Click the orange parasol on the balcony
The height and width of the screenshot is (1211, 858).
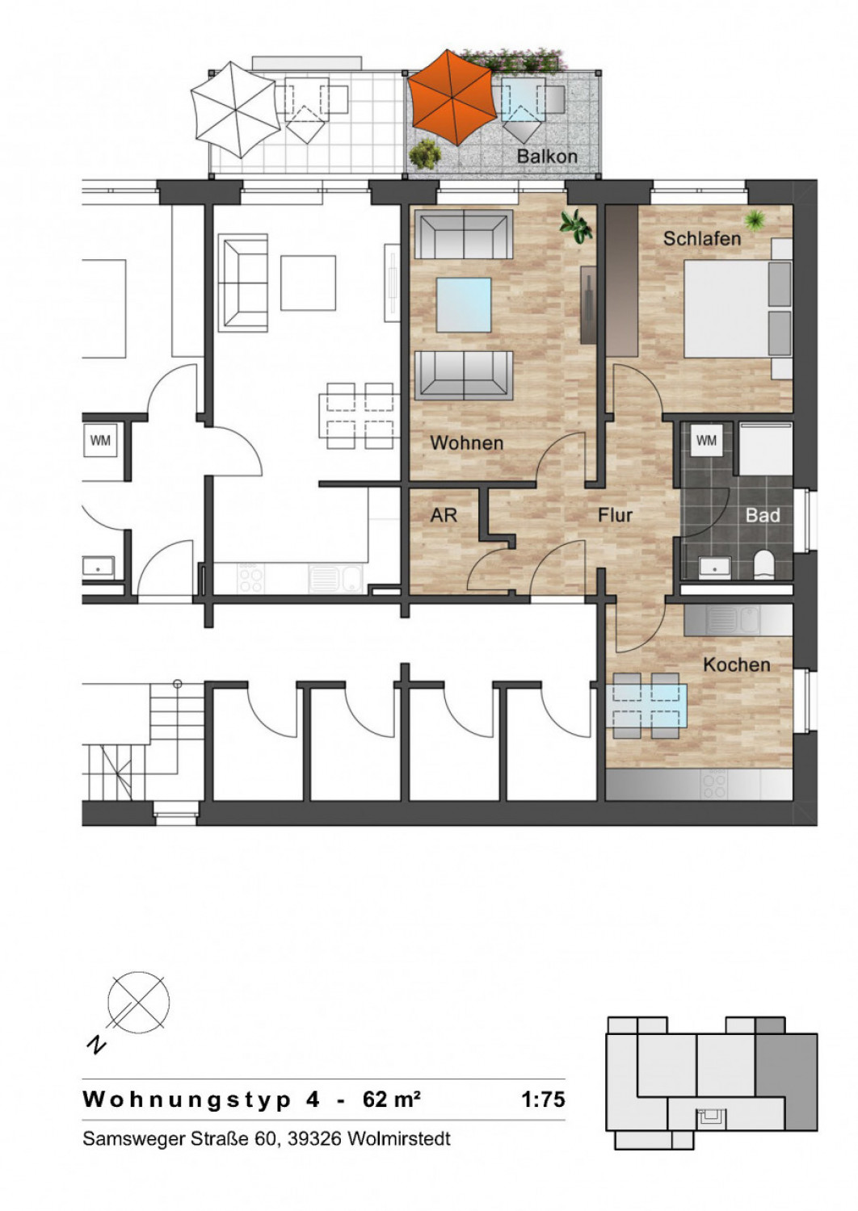452,98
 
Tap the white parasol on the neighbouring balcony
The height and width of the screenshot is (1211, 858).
235,109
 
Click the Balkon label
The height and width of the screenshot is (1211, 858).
547,157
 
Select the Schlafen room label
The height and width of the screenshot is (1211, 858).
702,238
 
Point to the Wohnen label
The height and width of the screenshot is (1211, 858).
467,442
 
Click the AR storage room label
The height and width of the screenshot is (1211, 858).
444,515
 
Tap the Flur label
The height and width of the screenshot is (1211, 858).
615,515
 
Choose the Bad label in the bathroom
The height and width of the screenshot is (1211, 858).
763,515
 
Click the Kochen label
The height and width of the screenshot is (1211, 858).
737,664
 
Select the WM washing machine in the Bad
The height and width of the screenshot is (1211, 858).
706,441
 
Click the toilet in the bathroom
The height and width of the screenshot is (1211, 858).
763,564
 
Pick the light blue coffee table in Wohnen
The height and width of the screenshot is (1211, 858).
464,305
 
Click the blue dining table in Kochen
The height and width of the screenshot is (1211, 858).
646,705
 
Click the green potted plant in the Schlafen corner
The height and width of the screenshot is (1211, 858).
755,220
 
